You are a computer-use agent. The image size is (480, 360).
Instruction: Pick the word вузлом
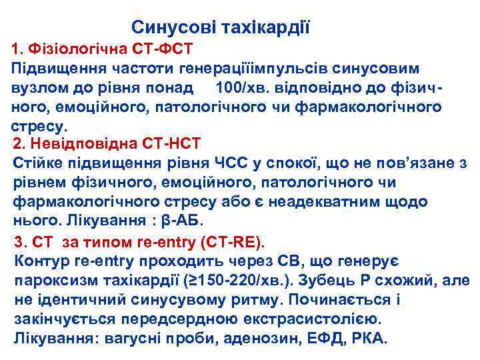pos(39,87)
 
